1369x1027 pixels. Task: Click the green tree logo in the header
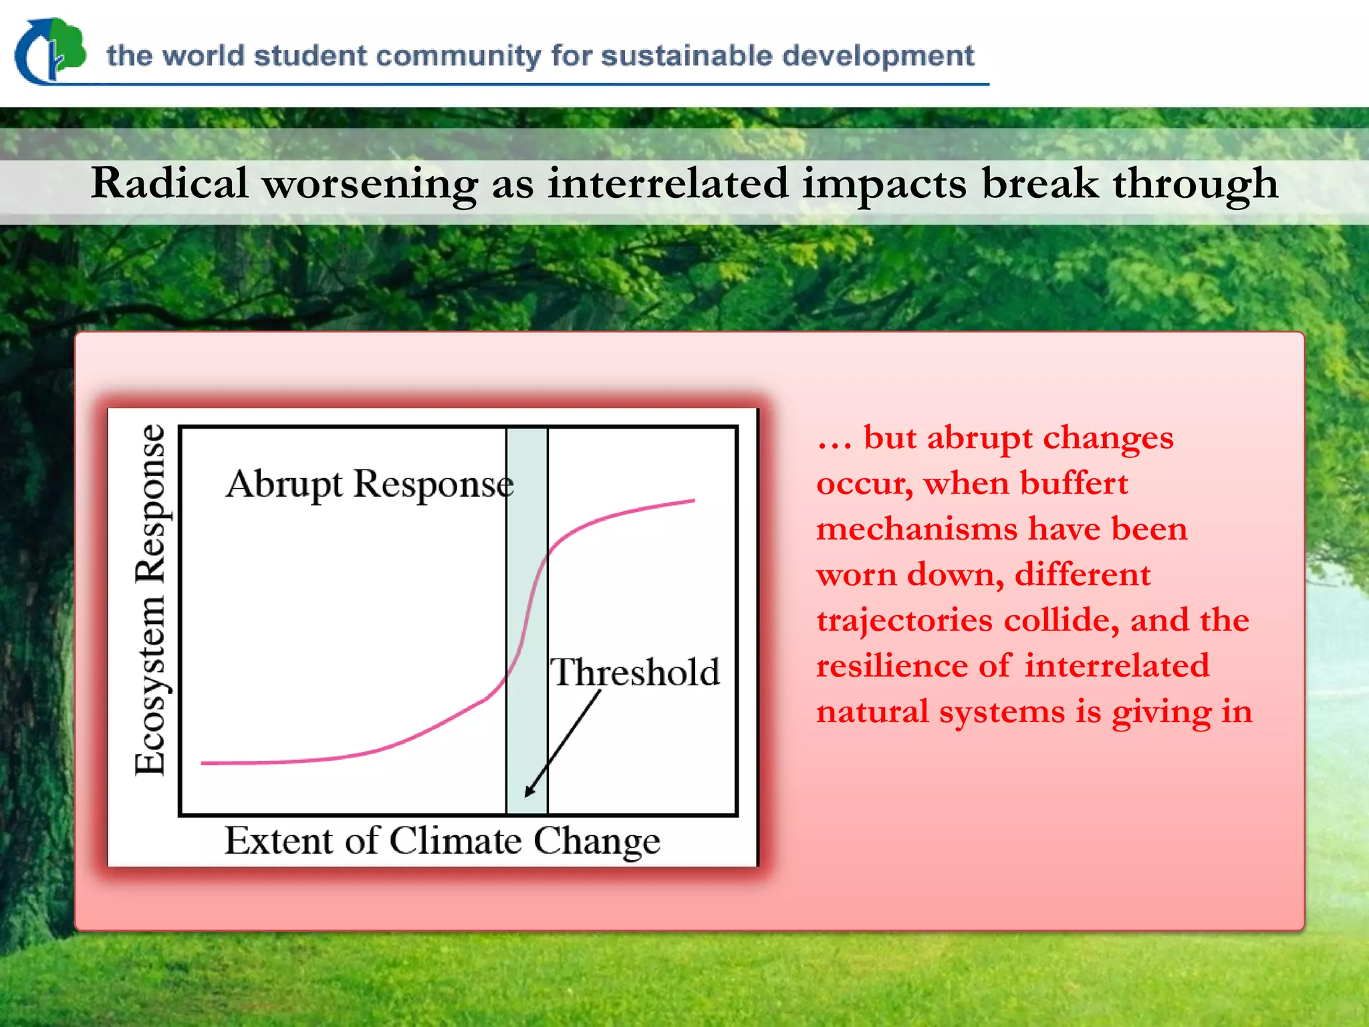tap(51, 51)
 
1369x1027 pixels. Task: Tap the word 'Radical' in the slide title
tap(170, 183)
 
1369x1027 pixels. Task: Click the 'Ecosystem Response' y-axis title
tap(150, 600)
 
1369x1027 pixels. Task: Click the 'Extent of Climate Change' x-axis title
tap(442, 841)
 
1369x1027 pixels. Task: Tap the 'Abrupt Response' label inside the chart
tap(370, 484)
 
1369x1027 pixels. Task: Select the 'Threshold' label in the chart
tap(635, 672)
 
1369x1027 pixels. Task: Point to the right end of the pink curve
tap(693, 500)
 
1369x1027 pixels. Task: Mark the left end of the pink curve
tap(203, 762)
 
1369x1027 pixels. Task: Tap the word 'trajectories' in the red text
tap(904, 620)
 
